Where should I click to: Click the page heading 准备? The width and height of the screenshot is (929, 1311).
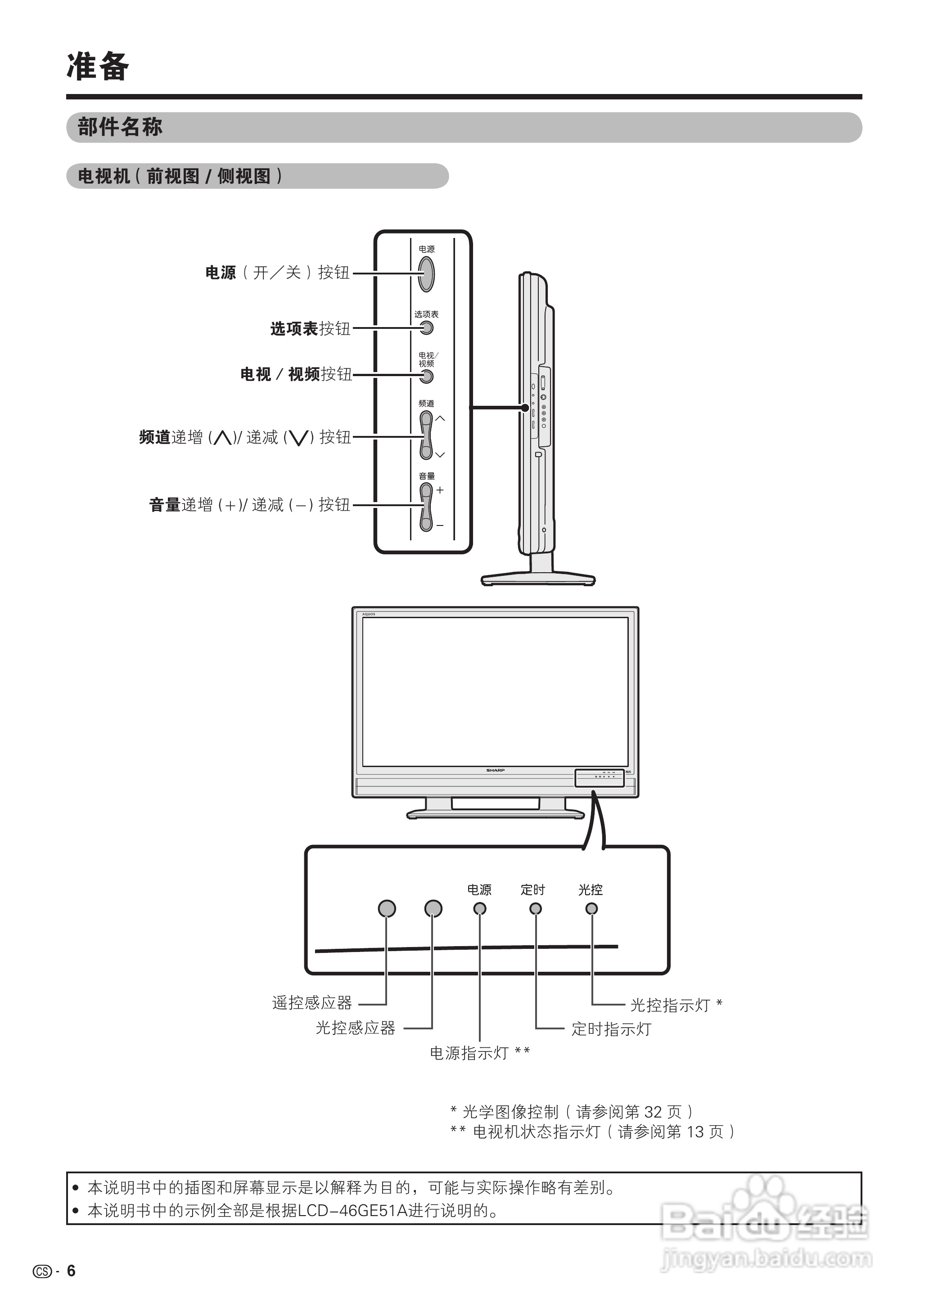coord(98,67)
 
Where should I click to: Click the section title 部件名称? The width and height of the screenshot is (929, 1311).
coord(120,127)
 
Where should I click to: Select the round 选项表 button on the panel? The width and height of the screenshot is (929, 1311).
coord(427,328)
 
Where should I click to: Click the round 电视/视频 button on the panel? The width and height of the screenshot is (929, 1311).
coord(427,376)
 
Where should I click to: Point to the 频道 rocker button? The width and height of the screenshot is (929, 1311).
coord(426,436)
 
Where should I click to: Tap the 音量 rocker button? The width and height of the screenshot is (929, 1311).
coord(426,507)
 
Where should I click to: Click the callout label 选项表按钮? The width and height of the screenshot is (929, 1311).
coord(310,329)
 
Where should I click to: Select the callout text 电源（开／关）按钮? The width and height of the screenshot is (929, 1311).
coord(277,273)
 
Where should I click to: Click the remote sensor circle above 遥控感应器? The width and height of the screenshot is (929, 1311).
coord(387,908)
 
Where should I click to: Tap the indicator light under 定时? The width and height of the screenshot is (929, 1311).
coord(536,908)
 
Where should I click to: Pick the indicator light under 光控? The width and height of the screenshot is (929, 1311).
coord(591,908)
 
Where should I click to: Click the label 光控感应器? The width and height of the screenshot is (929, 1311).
coord(355,1028)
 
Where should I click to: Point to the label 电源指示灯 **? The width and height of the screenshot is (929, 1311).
coord(479,1053)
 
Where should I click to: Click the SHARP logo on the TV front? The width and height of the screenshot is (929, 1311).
coord(496,770)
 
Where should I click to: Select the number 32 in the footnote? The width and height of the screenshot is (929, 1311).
coord(653,1112)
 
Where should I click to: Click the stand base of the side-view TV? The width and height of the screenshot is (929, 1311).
coord(538,579)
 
